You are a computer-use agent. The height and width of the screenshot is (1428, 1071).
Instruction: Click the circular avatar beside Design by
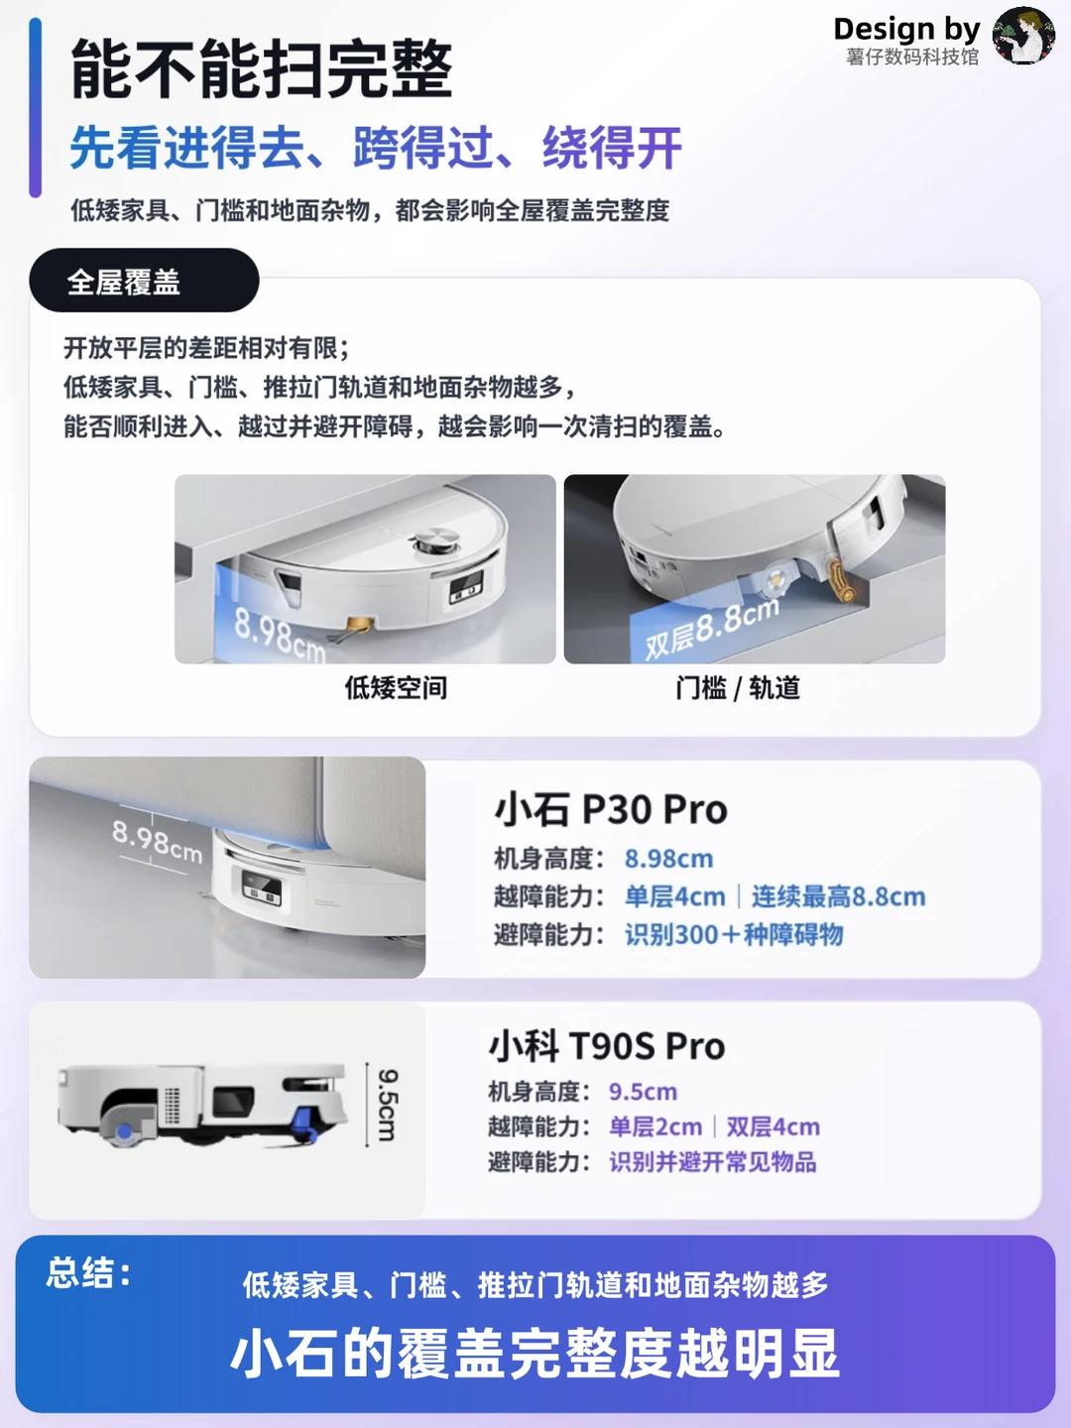[1022, 36]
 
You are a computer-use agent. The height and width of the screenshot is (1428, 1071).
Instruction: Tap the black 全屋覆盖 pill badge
[145, 281]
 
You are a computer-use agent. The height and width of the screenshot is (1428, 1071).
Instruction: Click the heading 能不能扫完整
[262, 69]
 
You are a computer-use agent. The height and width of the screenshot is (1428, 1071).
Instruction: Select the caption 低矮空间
[396, 687]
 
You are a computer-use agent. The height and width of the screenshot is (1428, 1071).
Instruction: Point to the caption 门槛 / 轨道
[738, 687]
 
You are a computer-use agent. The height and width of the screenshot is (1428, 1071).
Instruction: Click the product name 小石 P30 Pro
[611, 809]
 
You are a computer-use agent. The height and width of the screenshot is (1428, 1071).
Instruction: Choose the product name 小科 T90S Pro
[607, 1045]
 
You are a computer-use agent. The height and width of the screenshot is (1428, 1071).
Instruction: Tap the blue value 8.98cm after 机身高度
[668, 859]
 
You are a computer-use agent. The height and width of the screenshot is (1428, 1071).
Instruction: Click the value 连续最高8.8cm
[838, 896]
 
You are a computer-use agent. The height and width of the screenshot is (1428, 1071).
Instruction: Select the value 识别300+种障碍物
[734, 934]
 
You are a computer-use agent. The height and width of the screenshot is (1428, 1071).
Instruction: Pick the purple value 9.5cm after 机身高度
[643, 1092]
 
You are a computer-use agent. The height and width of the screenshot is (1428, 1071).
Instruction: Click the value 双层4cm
[773, 1127]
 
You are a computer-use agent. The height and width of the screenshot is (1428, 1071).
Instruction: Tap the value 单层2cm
[655, 1127]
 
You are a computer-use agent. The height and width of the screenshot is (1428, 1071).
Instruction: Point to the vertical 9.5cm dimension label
[387, 1105]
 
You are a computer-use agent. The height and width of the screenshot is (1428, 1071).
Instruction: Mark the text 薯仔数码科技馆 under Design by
[912, 57]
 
